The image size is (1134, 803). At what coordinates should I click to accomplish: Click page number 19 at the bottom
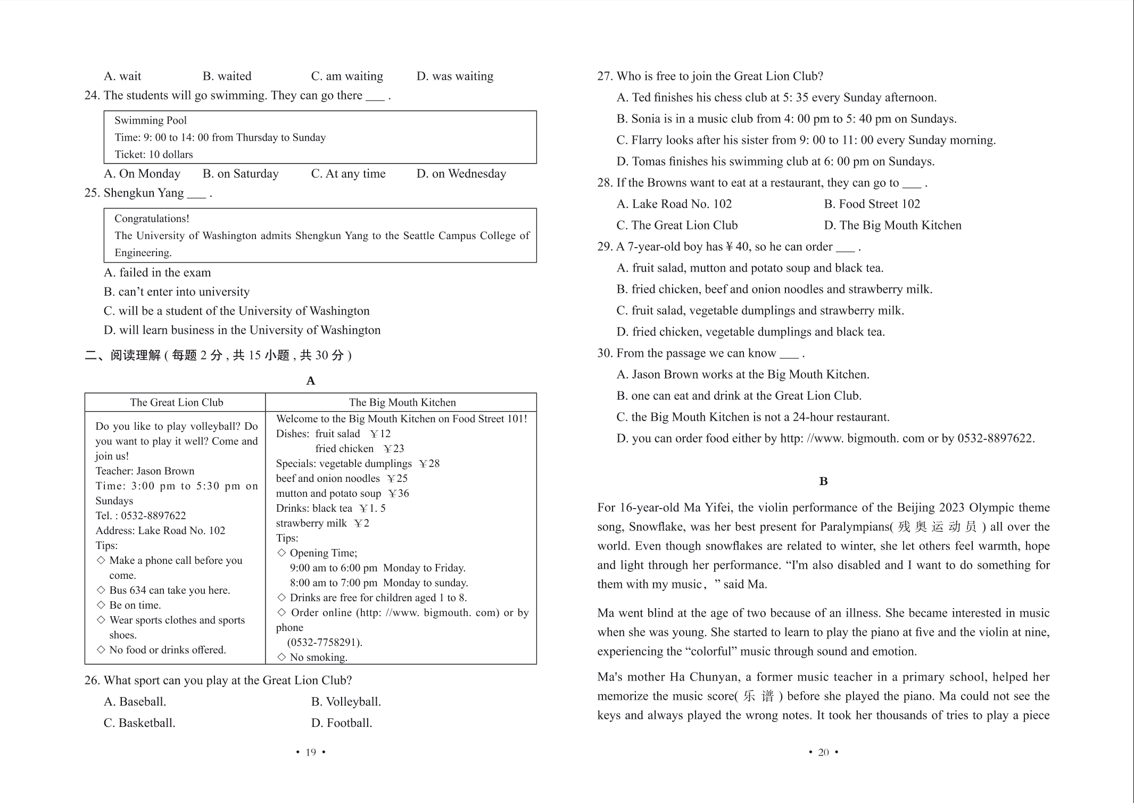point(311,752)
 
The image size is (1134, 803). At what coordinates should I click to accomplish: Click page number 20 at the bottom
point(823,752)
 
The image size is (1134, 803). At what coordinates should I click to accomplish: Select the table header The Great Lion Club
point(177,403)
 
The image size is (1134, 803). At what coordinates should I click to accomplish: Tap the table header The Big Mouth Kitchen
point(402,403)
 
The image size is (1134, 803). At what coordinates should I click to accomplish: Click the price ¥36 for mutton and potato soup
point(399,494)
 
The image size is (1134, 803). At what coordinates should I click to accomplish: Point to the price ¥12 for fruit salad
point(380,434)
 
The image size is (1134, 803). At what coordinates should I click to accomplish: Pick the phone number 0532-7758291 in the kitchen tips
point(325,643)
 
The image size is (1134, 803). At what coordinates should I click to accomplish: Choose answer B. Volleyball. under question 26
point(346,702)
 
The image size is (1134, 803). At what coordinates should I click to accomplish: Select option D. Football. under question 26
point(342,723)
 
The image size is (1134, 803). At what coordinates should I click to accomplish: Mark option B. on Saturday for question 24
point(241,174)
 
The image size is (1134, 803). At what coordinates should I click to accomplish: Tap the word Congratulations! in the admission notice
point(152,219)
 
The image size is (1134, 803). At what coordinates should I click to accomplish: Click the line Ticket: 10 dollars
point(154,155)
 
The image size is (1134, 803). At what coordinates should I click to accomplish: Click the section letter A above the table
point(311,381)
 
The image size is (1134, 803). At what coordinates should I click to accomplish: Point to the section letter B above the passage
point(823,481)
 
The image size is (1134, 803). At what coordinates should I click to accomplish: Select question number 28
point(605,183)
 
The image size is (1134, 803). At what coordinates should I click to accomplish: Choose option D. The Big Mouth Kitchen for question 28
point(892,226)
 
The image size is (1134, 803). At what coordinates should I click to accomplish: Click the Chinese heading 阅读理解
point(135,356)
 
